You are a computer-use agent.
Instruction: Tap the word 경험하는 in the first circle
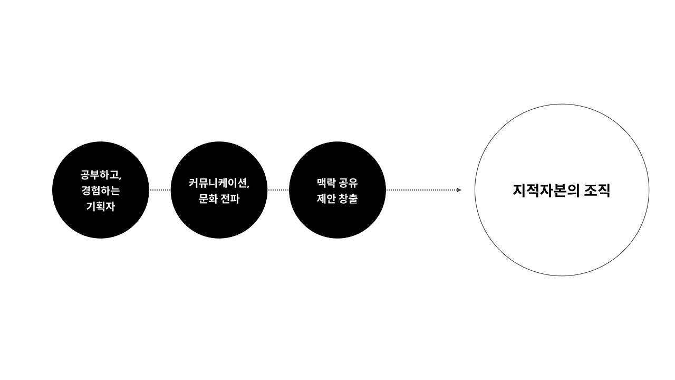click(x=100, y=190)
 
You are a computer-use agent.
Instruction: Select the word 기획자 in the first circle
click(x=100, y=206)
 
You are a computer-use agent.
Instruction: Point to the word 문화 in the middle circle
click(x=202, y=199)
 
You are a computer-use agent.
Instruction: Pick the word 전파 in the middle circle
click(x=229, y=199)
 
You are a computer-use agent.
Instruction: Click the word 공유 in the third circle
click(x=348, y=183)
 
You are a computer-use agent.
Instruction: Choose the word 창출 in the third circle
click(x=348, y=199)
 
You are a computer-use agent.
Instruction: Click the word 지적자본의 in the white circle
click(x=545, y=191)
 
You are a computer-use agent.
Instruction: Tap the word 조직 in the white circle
click(x=597, y=191)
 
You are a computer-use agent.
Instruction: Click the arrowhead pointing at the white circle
click(x=459, y=190)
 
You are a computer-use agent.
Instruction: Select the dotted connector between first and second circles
click(x=160, y=190)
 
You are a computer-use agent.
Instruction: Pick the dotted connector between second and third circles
click(x=278, y=190)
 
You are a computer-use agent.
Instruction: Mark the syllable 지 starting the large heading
click(x=519, y=191)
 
